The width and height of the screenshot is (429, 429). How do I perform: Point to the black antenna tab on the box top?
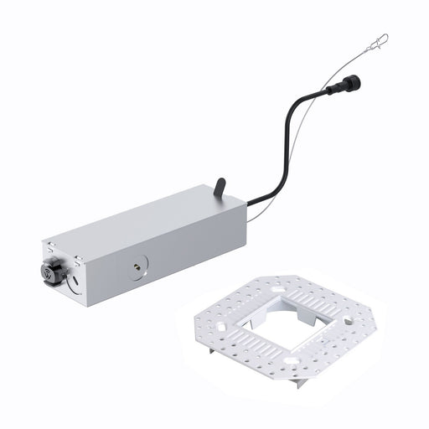tap(220, 187)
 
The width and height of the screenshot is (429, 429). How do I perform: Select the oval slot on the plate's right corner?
tap(344, 321)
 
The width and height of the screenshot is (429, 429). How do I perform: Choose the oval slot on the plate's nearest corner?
tap(288, 361)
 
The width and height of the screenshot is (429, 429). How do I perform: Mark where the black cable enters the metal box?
tap(249, 202)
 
